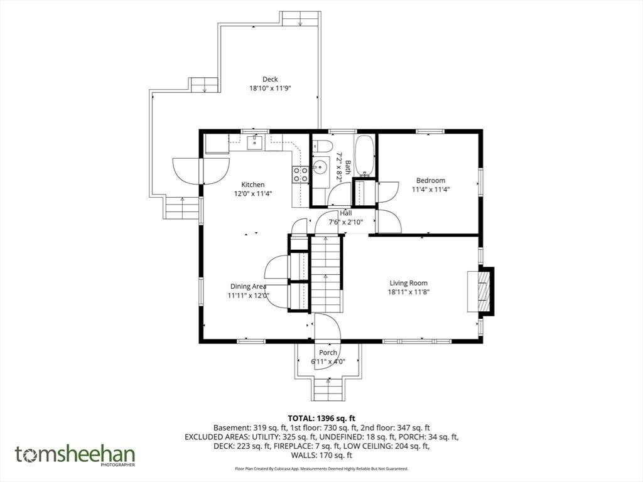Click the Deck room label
[x=270, y=79]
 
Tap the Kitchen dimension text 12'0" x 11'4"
[x=253, y=194]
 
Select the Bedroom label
[x=431, y=180]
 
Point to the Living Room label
[x=408, y=283]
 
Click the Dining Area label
[x=248, y=286]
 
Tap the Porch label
[x=328, y=353]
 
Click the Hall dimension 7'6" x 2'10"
[x=346, y=223]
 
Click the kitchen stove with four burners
[x=300, y=174]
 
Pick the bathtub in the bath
[x=364, y=154]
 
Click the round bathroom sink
[x=321, y=167]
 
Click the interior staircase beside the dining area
[x=327, y=274]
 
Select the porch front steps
[x=328, y=388]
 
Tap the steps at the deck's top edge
[x=300, y=18]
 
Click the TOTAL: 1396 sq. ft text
[x=321, y=419]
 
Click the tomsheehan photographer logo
[x=75, y=456]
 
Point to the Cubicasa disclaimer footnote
[x=321, y=468]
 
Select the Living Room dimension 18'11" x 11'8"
[x=408, y=292]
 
